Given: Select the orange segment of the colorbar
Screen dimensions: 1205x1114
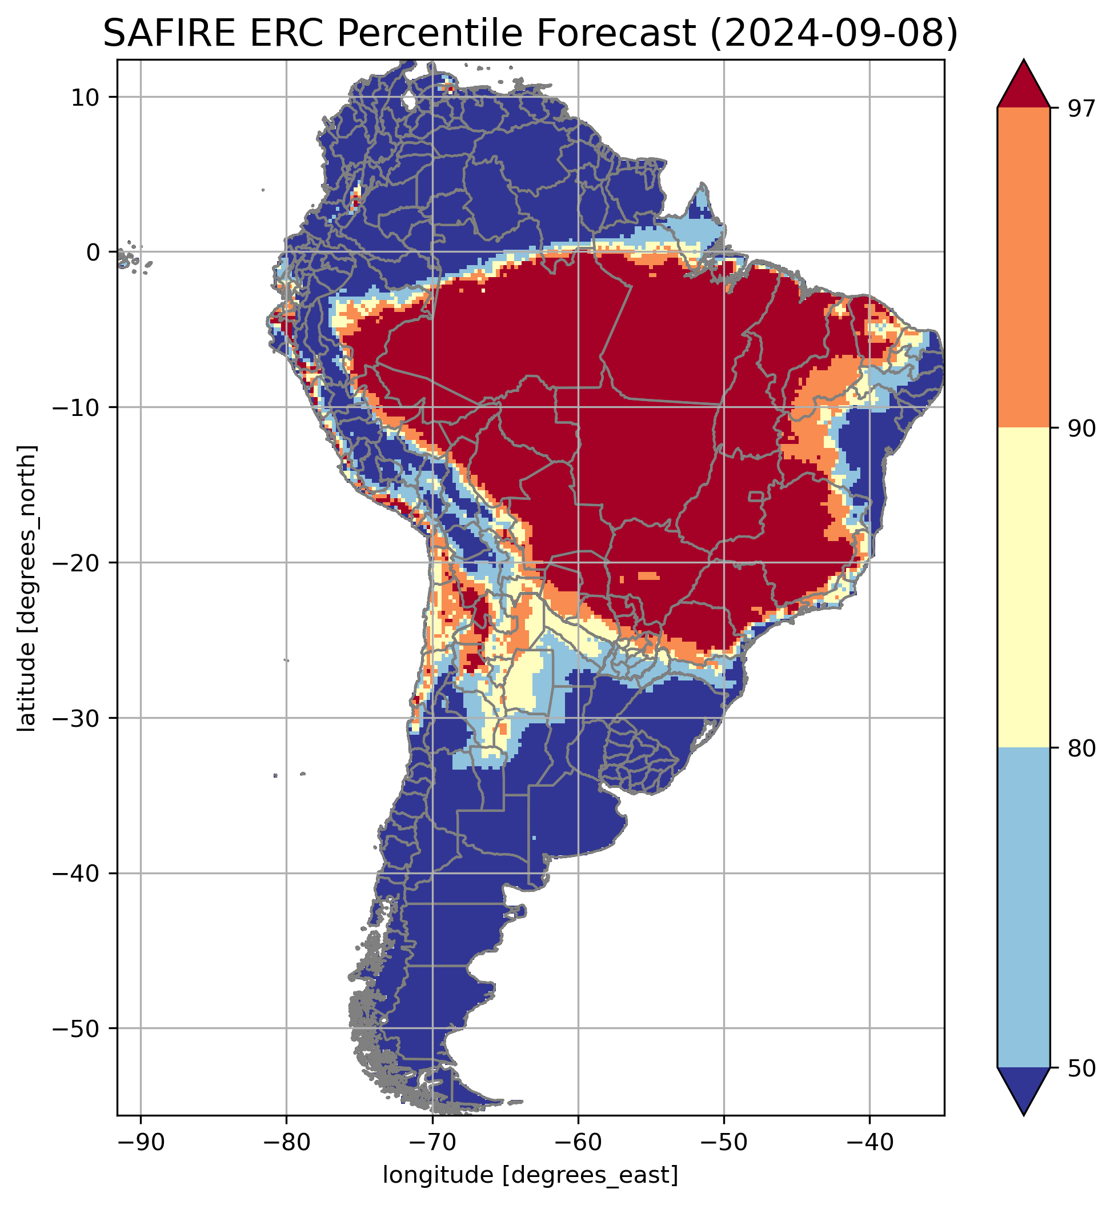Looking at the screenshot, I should [1024, 268].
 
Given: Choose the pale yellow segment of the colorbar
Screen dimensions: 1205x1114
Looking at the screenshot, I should [1024, 588].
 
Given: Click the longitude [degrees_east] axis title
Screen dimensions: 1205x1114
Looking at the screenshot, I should [531, 1175].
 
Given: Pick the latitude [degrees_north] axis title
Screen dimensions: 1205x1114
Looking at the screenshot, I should [26, 589].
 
